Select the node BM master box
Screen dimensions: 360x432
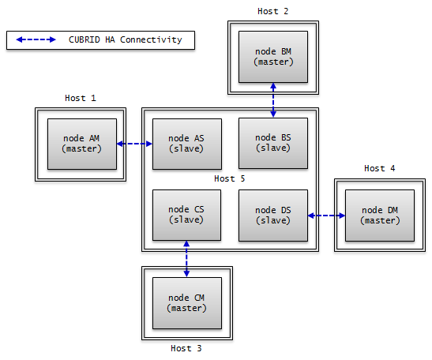273,57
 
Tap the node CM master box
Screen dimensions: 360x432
186,302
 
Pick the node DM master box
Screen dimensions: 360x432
380,216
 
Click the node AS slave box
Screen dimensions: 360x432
186,144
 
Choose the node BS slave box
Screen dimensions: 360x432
273,144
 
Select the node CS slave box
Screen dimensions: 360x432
186,216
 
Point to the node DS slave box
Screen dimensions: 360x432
273,216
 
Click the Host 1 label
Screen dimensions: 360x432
81,99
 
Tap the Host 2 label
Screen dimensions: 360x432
273,11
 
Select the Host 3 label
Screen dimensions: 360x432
186,348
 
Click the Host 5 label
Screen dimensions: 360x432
230,179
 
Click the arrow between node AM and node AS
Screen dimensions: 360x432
133,144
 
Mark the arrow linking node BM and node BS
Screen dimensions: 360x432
273,99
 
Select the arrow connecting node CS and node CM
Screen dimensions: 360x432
186,259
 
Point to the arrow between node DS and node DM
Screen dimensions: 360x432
326,216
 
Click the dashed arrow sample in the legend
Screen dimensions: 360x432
36,39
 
